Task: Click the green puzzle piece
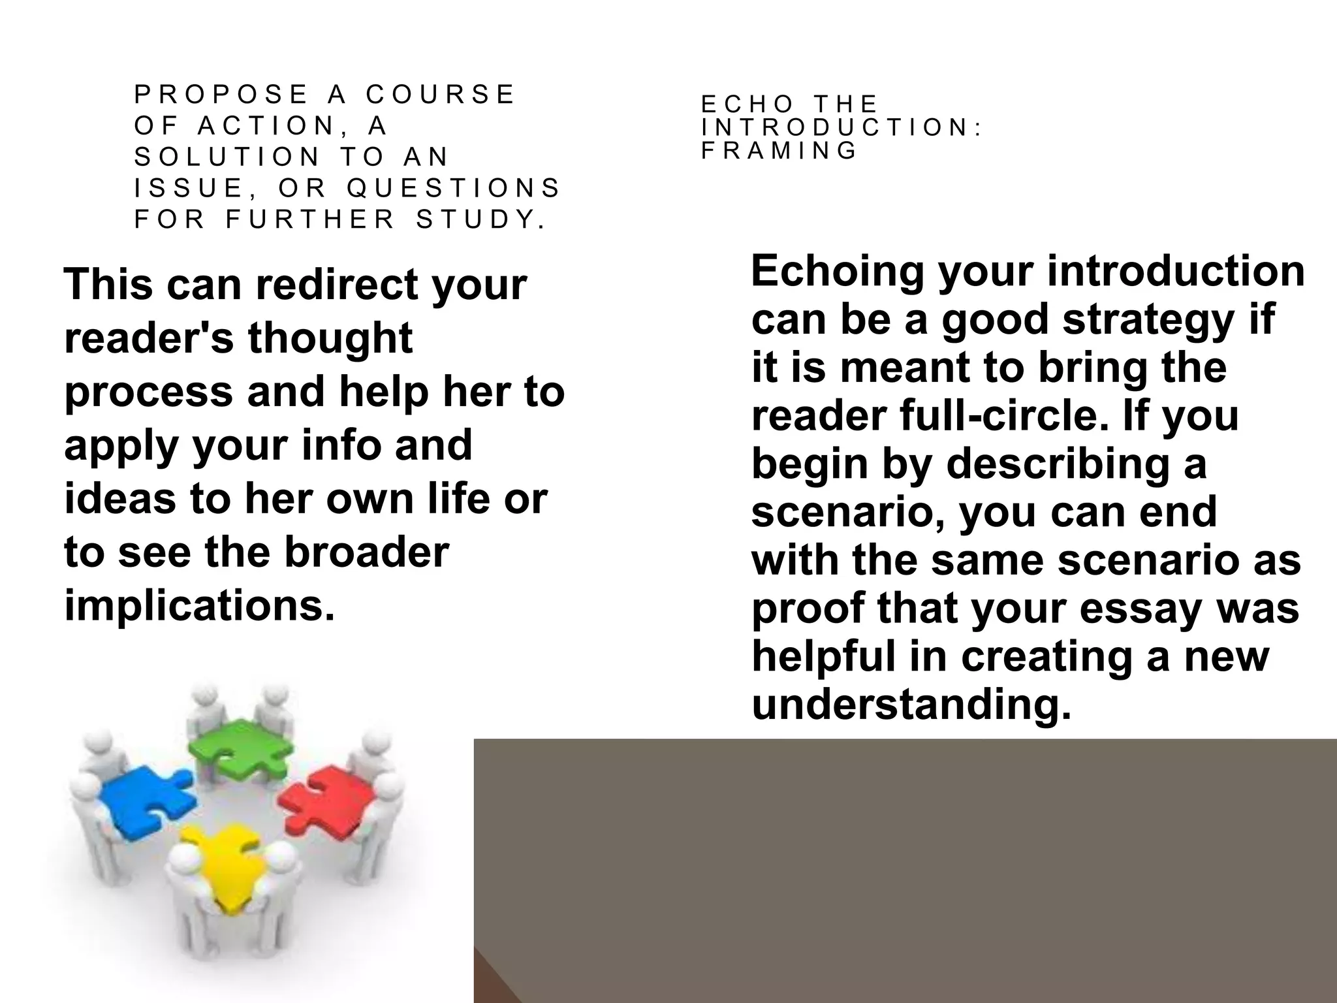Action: tap(235, 748)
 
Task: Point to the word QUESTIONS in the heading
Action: tap(454, 188)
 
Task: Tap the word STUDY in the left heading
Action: tap(481, 219)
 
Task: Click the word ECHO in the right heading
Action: tap(747, 104)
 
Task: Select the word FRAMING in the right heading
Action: tap(779, 151)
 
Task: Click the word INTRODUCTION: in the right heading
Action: tap(842, 127)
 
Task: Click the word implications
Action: tap(200, 606)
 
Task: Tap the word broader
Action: tap(366, 552)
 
